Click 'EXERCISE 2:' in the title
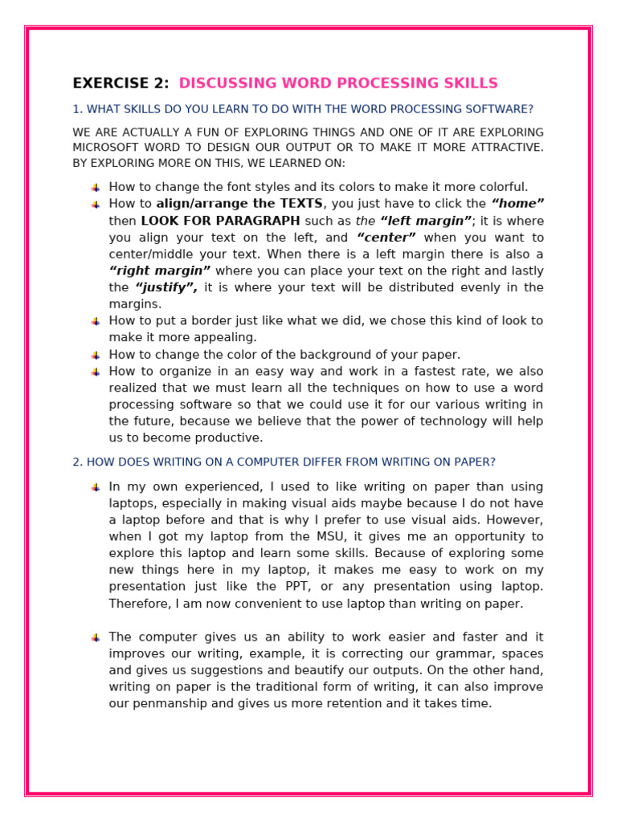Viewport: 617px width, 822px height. tap(121, 83)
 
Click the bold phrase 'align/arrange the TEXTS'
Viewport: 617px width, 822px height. tap(239, 204)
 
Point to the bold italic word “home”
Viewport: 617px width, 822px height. tap(517, 204)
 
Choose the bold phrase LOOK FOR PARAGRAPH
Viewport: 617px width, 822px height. tap(220, 221)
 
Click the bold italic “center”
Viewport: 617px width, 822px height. tap(386, 238)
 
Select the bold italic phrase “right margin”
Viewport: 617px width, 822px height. tap(160, 271)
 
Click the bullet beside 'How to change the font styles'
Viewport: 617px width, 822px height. tap(96, 188)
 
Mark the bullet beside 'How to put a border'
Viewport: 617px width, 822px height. tap(96, 321)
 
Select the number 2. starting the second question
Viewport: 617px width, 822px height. tap(77, 462)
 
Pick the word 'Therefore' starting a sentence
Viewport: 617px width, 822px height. tap(138, 604)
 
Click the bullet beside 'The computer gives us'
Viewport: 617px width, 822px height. tap(96, 637)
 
